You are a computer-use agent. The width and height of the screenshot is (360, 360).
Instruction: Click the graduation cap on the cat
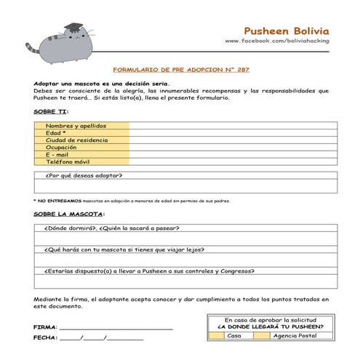point(74,28)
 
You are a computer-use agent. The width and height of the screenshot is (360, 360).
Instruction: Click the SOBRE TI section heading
point(51,113)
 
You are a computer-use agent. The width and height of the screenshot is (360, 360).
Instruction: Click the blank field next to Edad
point(233,133)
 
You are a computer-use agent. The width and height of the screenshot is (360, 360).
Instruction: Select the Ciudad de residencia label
point(77,140)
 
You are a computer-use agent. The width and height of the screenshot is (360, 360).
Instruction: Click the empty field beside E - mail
point(233,154)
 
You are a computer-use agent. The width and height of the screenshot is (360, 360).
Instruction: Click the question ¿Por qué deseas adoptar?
point(84,175)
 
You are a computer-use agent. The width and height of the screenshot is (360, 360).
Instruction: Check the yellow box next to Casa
point(216,335)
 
